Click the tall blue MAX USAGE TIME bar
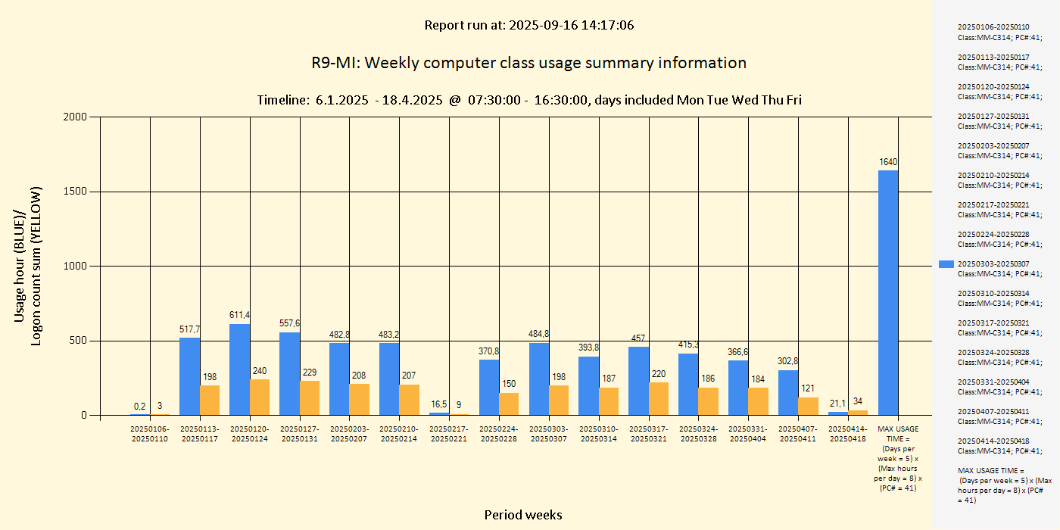click(888, 292)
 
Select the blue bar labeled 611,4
click(239, 369)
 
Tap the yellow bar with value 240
click(260, 397)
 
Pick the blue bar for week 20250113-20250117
click(189, 376)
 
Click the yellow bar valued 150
click(509, 404)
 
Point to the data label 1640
click(888, 162)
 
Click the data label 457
click(638, 338)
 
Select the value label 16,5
click(439, 404)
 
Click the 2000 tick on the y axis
click(75, 117)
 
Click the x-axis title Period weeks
click(523, 515)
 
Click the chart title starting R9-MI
click(528, 63)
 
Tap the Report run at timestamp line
click(528, 25)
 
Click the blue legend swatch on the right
click(946, 264)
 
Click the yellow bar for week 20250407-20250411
click(808, 406)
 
